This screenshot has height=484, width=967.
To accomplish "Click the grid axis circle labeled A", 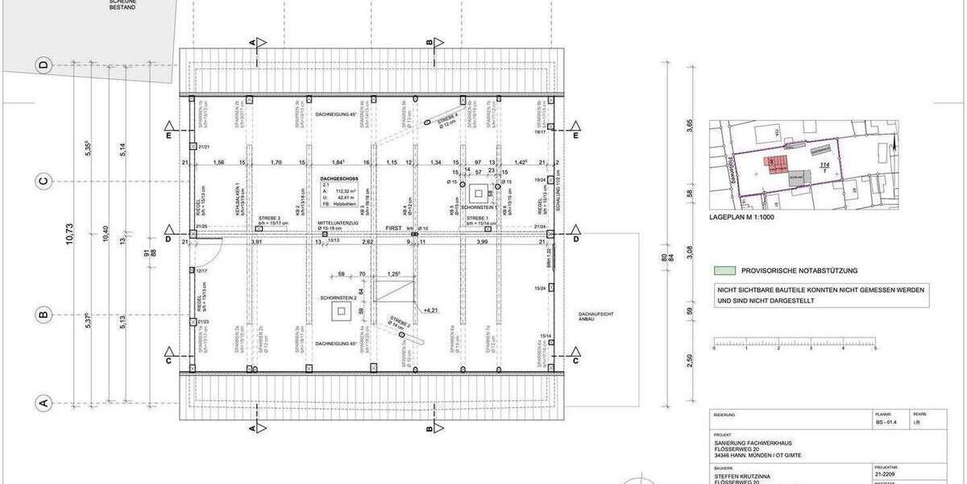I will pos(44,402).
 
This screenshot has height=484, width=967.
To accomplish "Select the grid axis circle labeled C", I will pos(44,181).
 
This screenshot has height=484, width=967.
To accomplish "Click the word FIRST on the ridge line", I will pos(393,229).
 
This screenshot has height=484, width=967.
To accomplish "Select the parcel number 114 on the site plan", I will pos(824,165).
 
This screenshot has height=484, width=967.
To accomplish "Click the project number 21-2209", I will pos(887,476).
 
